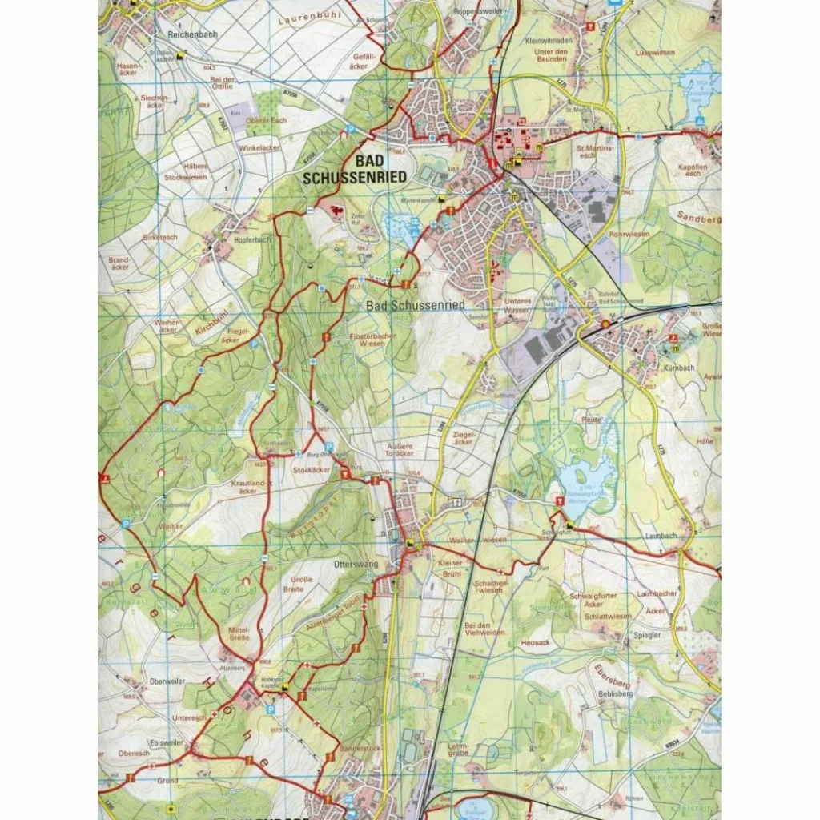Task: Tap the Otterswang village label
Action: [349, 562]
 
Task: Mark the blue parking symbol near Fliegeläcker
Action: [255, 343]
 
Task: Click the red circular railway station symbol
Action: [605, 324]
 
